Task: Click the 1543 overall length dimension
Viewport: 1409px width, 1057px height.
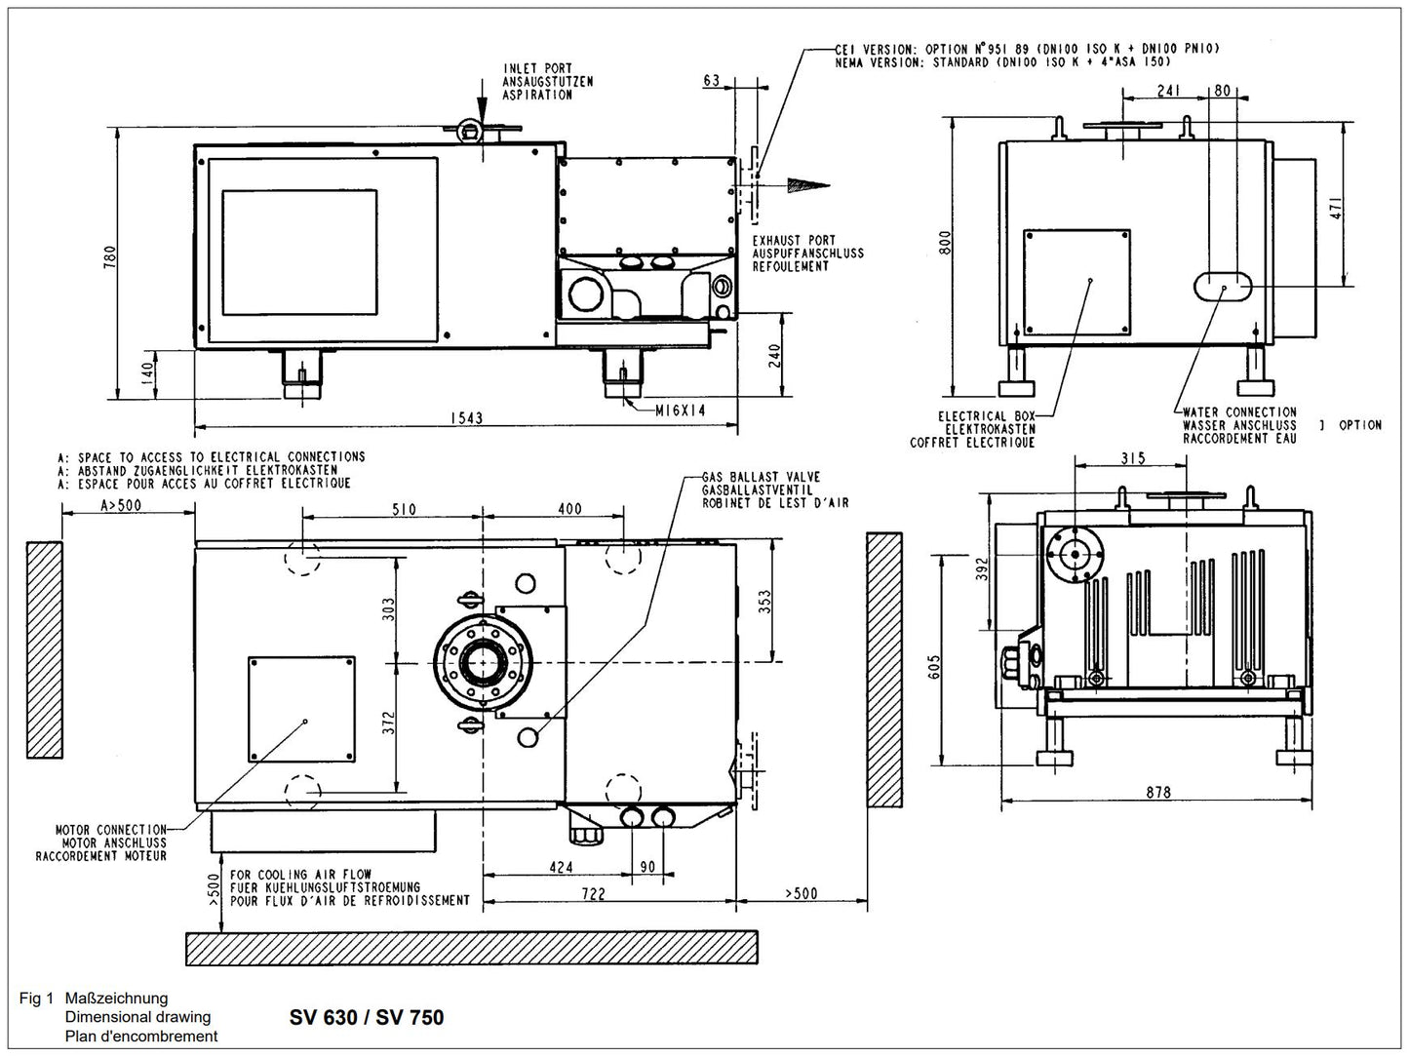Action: pos(466,418)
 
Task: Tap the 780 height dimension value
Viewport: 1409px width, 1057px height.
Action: pos(110,255)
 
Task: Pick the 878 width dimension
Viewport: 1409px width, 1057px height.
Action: pos(1157,793)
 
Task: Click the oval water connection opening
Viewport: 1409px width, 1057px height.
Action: pos(1224,285)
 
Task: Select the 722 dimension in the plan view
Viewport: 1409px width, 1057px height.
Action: pos(593,893)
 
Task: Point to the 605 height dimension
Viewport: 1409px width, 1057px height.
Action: pos(934,665)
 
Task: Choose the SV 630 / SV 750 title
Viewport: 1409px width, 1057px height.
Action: pos(367,1018)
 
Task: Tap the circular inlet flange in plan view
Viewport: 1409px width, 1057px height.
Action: pos(484,664)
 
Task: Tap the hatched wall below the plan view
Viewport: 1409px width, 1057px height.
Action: pos(471,947)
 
